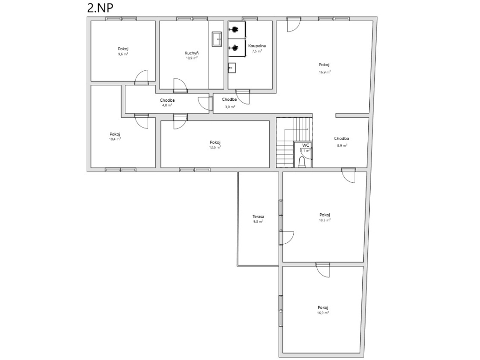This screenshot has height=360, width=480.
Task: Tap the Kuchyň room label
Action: click(191, 53)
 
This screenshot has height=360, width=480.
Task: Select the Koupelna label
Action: click(257, 46)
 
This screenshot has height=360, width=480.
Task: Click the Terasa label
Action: click(259, 217)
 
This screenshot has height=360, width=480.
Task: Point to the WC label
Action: click(305, 145)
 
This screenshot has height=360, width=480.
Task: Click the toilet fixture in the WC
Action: click(303, 162)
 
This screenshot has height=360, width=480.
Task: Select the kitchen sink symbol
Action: click(217, 39)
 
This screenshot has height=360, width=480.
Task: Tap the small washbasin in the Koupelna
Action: click(232, 67)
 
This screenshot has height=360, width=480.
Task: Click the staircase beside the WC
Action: click(294, 142)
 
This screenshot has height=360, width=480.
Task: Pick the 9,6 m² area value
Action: click(123, 54)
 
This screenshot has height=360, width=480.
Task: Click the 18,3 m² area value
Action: click(325, 220)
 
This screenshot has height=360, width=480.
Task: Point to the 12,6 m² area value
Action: click(215, 147)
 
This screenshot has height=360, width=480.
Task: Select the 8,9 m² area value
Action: click(342, 146)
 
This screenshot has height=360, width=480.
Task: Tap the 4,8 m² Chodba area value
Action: click(167, 105)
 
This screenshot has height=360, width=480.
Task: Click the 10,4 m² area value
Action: click(115, 139)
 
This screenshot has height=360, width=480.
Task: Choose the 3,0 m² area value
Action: click(230, 107)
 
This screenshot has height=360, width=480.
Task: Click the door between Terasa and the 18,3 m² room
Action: click(286, 238)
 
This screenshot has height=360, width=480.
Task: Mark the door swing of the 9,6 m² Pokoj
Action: click(142, 77)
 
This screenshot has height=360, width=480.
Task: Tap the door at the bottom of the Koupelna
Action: click(243, 97)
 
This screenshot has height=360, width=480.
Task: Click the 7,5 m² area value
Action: click(257, 51)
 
